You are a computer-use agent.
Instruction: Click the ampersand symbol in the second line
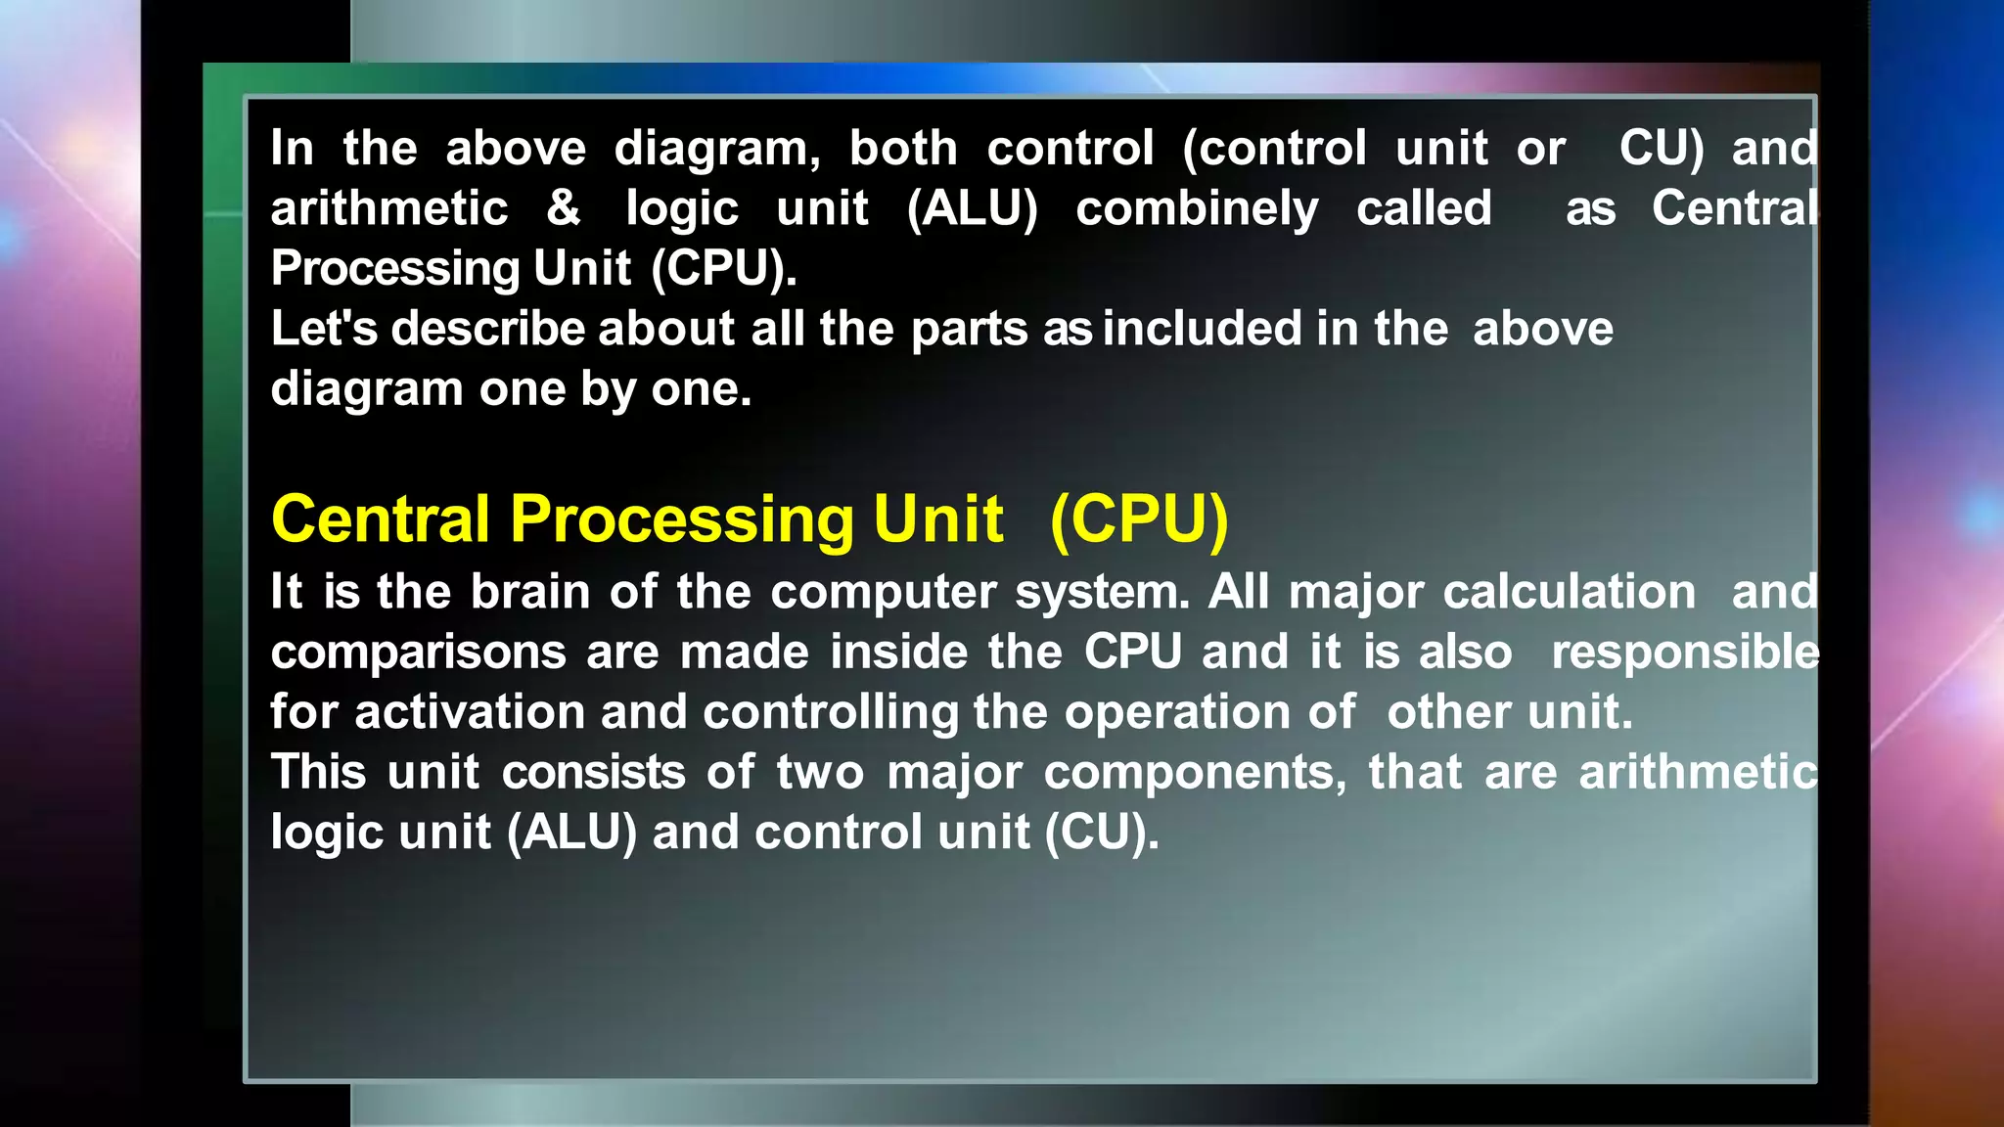coord(564,208)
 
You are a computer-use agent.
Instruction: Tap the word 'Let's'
coord(323,329)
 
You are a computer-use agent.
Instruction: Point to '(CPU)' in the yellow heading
coord(1138,519)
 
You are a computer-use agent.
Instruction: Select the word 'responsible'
coord(1684,653)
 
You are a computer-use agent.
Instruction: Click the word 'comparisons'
coord(418,654)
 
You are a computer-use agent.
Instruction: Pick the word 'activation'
coord(469,712)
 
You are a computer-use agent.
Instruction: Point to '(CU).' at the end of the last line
coord(1101,834)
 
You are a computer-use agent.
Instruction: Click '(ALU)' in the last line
coord(571,834)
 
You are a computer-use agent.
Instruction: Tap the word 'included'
coord(1202,329)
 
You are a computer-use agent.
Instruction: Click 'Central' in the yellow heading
coord(380,519)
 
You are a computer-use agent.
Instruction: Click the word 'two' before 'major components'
coord(820,773)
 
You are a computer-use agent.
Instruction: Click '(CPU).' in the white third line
coord(724,269)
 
